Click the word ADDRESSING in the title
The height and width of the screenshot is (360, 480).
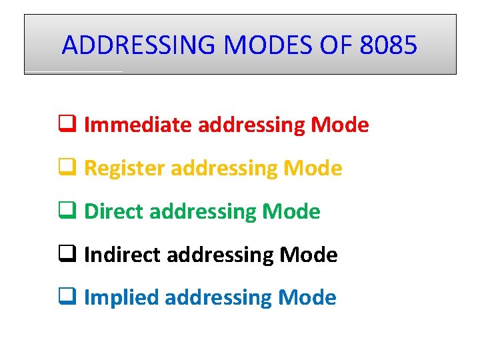(x=140, y=45)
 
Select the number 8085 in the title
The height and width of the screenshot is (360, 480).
(x=388, y=45)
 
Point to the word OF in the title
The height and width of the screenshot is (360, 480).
(x=335, y=45)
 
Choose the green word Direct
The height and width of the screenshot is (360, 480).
(x=114, y=211)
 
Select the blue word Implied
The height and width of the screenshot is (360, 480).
(x=121, y=297)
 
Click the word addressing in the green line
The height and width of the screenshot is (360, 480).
(x=203, y=212)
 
